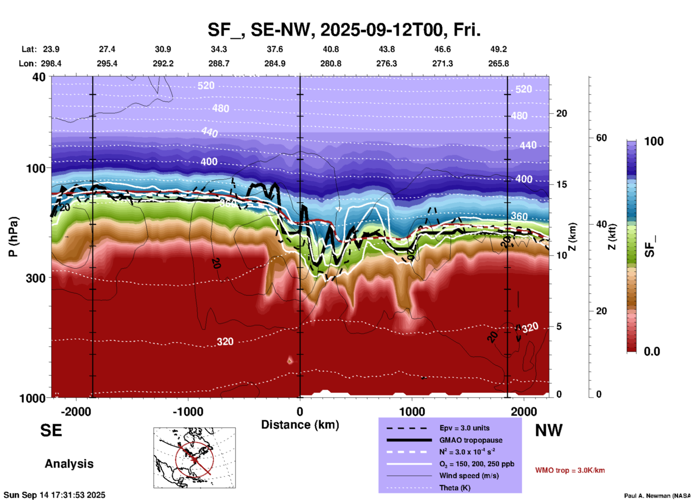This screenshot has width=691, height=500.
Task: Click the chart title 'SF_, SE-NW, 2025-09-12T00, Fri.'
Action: click(344, 30)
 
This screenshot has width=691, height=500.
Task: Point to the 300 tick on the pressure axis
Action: click(36, 278)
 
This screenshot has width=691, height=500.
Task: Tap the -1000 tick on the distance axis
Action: click(188, 411)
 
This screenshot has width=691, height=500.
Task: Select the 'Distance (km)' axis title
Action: click(300, 425)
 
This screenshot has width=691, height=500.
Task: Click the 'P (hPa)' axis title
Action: click(13, 236)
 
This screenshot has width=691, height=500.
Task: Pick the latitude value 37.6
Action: click(275, 49)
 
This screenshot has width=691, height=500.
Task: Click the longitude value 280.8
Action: click(331, 63)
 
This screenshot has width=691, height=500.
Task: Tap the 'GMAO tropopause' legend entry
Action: click(471, 440)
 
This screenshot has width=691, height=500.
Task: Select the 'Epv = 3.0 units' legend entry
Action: click(464, 428)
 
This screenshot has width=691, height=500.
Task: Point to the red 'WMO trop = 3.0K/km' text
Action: click(570, 470)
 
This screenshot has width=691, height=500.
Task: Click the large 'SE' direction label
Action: click(51, 430)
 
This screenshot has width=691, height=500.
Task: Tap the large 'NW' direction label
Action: click(549, 430)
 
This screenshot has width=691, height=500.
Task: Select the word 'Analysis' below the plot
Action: click(69, 464)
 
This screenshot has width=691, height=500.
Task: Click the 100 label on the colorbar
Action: click(654, 141)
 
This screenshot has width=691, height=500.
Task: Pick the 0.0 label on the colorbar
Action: click(652, 352)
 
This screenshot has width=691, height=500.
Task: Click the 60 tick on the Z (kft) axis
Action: click(601, 138)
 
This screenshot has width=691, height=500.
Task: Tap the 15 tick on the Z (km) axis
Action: click(561, 184)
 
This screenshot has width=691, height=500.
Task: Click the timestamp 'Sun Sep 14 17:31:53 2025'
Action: click(55, 495)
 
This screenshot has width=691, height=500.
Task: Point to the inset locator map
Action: click(194, 458)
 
